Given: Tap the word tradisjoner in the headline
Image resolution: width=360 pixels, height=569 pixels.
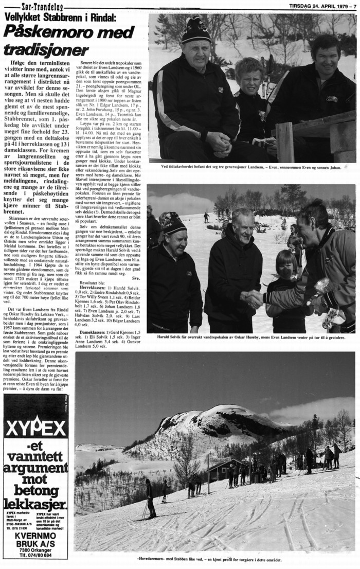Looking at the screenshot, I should pos(46,50).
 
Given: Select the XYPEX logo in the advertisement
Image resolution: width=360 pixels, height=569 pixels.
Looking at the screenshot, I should pos(35,426).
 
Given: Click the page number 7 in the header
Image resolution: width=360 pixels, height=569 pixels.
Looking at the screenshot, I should pos(354,6).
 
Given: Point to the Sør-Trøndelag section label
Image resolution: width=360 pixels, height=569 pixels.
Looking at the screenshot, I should pos(42,7).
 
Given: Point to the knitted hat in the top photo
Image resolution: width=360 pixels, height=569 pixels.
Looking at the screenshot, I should pos(196,30).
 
